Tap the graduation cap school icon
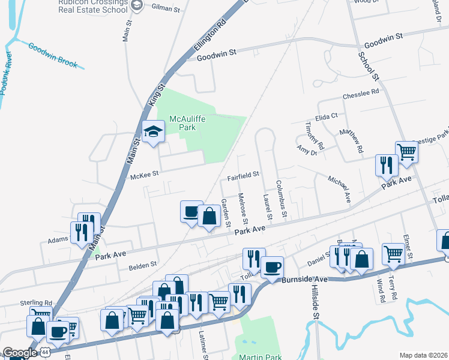tap(153, 131)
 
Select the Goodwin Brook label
tap(52, 56)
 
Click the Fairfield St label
tap(243, 176)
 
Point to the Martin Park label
tap(260, 357)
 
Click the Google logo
tap(19, 353)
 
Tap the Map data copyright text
tap(423, 355)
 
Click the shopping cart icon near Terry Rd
tap(393, 254)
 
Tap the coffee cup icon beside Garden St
tap(191, 211)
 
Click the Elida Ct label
tap(327, 116)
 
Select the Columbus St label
tap(281, 199)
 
